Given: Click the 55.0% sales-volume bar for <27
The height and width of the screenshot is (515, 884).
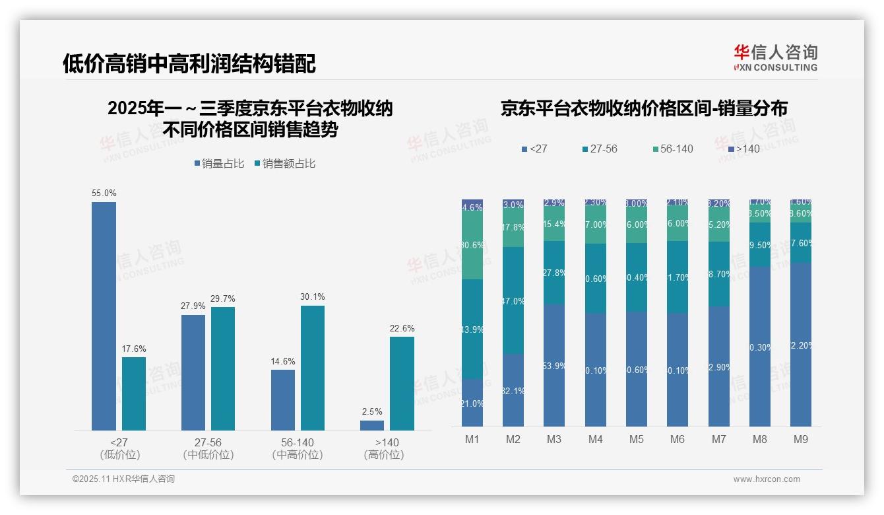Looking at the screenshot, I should click(104, 316).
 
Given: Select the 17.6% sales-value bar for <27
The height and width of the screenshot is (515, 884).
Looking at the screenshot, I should click(134, 394).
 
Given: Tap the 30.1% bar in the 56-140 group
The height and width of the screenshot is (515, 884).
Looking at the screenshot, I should click(313, 368).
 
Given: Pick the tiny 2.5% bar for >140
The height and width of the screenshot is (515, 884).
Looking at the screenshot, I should click(372, 425).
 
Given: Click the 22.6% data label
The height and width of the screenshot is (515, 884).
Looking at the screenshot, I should click(402, 329).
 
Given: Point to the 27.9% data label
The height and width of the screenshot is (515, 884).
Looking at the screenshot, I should click(193, 306).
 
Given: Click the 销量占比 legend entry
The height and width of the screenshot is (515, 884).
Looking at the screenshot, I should click(219, 164).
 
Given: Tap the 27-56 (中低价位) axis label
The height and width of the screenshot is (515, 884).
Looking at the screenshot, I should click(208, 448).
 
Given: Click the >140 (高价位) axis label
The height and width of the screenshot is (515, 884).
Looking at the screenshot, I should click(384, 448).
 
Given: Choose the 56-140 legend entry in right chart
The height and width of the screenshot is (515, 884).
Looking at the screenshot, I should click(672, 149).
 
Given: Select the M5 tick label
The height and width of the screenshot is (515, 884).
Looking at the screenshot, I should click(637, 439).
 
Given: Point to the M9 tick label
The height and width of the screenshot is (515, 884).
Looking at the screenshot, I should click(800, 439).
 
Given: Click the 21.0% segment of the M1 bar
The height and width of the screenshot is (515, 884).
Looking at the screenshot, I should click(472, 402).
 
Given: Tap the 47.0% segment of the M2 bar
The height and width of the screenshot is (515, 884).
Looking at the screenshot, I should click(513, 300).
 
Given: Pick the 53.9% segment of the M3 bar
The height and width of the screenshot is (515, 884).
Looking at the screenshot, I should click(554, 365).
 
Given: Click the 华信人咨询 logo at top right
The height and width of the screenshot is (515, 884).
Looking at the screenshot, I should click(775, 57).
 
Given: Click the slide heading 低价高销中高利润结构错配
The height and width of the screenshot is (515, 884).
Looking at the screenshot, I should click(189, 63).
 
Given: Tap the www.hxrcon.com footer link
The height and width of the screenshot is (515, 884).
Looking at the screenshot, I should click(767, 479).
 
